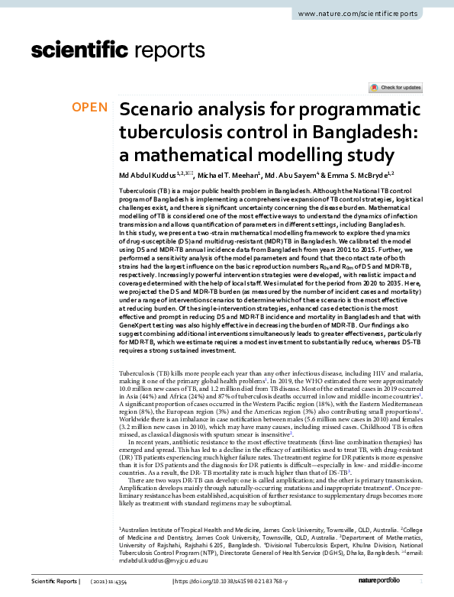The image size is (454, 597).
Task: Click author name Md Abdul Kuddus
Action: click(148, 176)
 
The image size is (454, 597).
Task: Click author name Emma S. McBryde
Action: click(369, 176)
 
